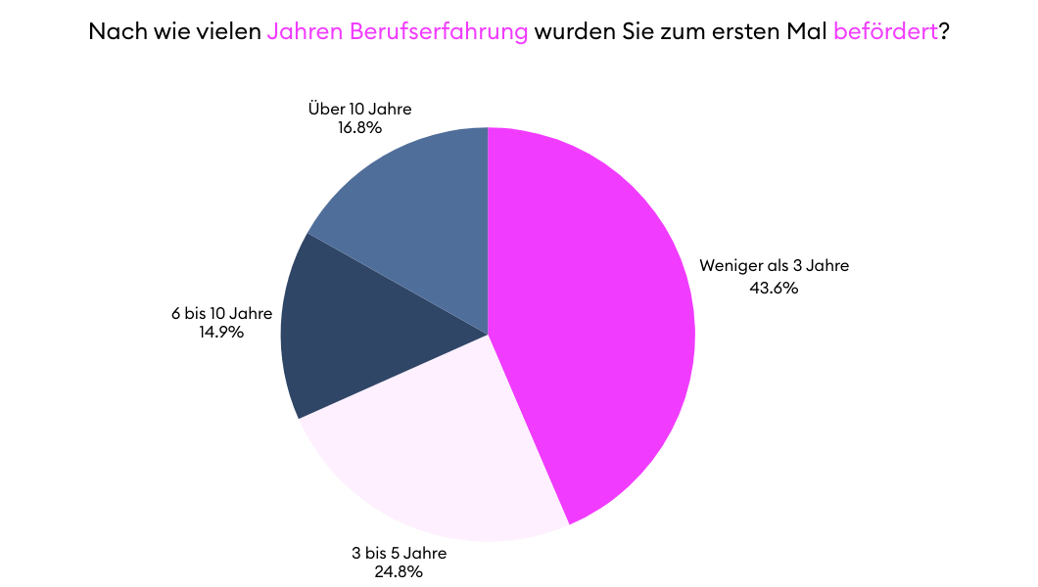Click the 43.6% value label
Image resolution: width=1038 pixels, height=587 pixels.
775,288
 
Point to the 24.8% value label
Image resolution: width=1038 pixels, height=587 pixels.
399,571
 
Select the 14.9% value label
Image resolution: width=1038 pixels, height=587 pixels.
220,332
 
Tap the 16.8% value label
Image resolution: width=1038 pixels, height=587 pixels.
359,127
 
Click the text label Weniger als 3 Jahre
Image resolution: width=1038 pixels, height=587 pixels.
774,265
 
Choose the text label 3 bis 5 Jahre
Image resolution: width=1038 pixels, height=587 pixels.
399,553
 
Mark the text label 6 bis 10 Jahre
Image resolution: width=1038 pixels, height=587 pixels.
221,314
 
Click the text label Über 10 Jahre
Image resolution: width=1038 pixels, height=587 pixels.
359,109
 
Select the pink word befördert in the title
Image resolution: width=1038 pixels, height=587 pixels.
885,31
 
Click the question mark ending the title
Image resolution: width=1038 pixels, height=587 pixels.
944,31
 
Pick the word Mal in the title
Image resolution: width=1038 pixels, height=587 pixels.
807,31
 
